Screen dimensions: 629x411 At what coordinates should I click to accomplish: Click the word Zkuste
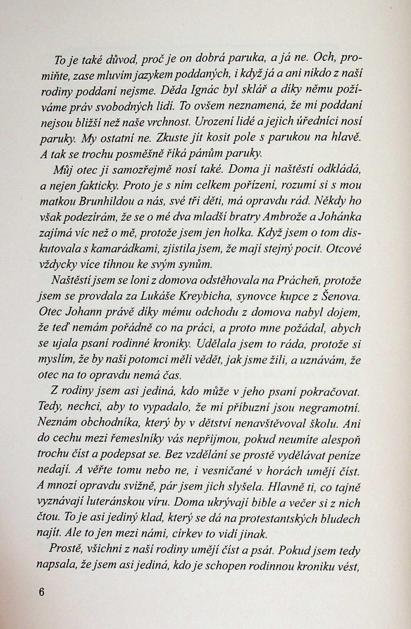click(174, 138)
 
